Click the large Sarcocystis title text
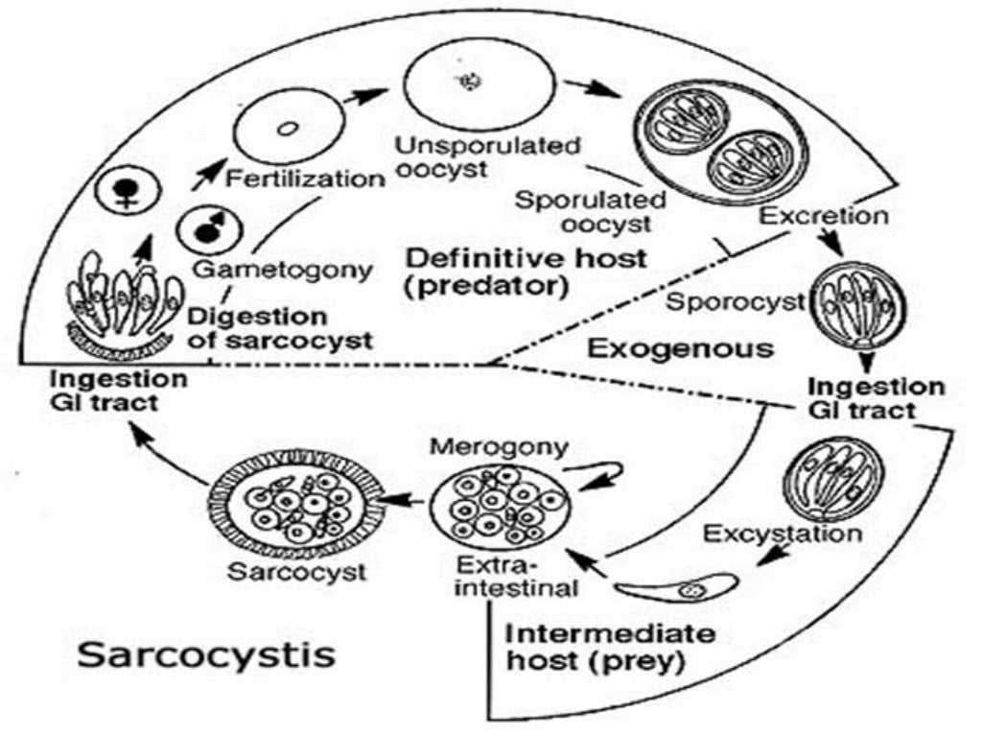[x=206, y=654]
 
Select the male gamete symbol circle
[x=204, y=228]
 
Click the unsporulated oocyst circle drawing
[x=477, y=84]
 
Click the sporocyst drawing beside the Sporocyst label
[x=859, y=304]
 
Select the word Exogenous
[x=680, y=347]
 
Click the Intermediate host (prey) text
[x=609, y=648]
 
